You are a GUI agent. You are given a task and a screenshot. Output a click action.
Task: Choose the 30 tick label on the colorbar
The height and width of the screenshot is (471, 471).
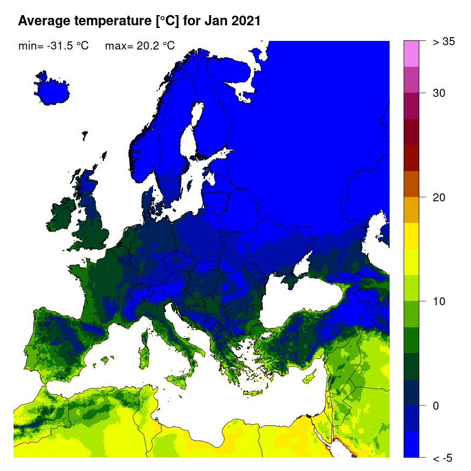[x=439, y=93]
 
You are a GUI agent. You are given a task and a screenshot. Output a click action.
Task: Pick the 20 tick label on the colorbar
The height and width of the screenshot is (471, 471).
[x=439, y=197]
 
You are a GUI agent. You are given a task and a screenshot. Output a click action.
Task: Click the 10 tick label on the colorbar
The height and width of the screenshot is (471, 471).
[x=439, y=301]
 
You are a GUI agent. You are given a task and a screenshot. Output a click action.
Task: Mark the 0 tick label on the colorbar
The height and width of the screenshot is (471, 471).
[x=435, y=405]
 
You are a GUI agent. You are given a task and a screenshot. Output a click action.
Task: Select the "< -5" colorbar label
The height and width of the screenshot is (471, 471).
[x=442, y=458]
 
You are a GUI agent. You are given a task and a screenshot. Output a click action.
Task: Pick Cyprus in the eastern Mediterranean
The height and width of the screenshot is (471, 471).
[x=309, y=377]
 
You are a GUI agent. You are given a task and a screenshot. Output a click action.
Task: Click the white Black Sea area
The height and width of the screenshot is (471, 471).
[x=307, y=301]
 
